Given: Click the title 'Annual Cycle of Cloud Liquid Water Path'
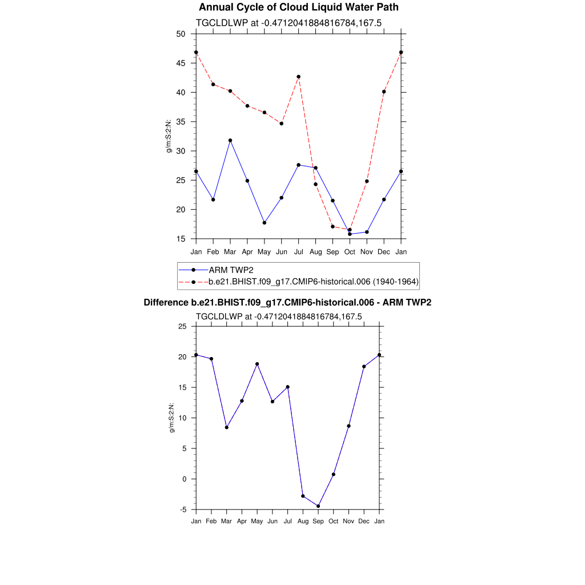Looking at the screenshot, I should click(x=298, y=7).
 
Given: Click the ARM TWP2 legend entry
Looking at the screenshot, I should click(x=231, y=270).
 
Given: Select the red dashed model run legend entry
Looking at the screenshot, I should click(x=314, y=282).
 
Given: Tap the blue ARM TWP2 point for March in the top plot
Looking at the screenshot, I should click(x=230, y=141).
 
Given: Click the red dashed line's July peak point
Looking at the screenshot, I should click(x=299, y=77).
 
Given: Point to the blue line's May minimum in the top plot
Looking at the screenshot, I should click(x=265, y=223).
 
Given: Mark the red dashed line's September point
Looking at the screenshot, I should click(x=332, y=227).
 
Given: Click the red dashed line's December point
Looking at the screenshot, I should click(x=384, y=91).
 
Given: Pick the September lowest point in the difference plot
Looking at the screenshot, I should click(x=318, y=506).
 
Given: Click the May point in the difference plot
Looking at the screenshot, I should click(x=257, y=364).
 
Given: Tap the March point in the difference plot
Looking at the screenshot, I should click(x=227, y=427).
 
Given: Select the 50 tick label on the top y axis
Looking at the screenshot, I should click(x=181, y=34).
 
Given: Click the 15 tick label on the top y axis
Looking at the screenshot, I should click(x=181, y=239).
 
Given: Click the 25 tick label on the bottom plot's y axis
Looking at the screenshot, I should click(x=183, y=326).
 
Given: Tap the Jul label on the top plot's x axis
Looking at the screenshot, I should click(x=298, y=252).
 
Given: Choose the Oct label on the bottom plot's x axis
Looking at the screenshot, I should click(x=334, y=521).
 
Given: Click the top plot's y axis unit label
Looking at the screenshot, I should click(x=169, y=136).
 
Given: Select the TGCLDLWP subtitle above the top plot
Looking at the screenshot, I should click(x=289, y=23).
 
